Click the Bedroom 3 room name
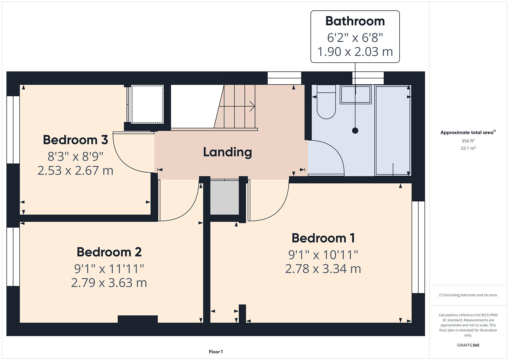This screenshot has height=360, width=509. [x=75, y=140]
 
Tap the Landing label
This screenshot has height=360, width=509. [x=227, y=152]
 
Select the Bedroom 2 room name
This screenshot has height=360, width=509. [x=109, y=252]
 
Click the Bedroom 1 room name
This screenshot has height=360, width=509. [x=323, y=238]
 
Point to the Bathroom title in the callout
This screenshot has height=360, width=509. [x=355, y=21]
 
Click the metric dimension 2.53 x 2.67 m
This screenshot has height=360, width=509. [x=75, y=170]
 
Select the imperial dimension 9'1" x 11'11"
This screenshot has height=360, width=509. [x=109, y=268]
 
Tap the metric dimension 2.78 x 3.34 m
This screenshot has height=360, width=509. [x=323, y=269]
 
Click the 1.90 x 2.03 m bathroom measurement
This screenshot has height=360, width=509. [x=355, y=52]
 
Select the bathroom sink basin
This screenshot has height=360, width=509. [x=355, y=94]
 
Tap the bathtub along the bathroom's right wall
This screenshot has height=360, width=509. [x=393, y=130]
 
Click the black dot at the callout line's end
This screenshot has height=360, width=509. [x=355, y=131]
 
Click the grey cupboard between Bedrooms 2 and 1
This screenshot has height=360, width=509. [x=224, y=197]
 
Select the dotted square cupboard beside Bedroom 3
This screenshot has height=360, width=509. [x=148, y=104]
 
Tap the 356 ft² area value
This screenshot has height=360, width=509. [x=468, y=141]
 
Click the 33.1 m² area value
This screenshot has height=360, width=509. [x=468, y=148]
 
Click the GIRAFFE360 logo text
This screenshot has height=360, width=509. [x=468, y=345]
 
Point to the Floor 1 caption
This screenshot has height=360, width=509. [x=216, y=352]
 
